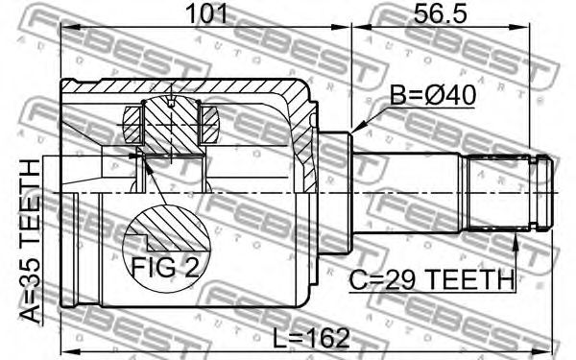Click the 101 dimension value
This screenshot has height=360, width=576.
(206, 13)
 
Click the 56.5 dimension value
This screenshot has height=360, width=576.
(441, 13)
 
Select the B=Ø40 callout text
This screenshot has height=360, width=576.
(433, 95)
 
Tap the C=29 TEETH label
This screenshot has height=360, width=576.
(431, 280)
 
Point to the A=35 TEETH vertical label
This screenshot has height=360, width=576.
(31, 241)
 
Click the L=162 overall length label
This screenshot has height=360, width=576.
(311, 338)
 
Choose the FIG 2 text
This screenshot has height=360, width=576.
(165, 268)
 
